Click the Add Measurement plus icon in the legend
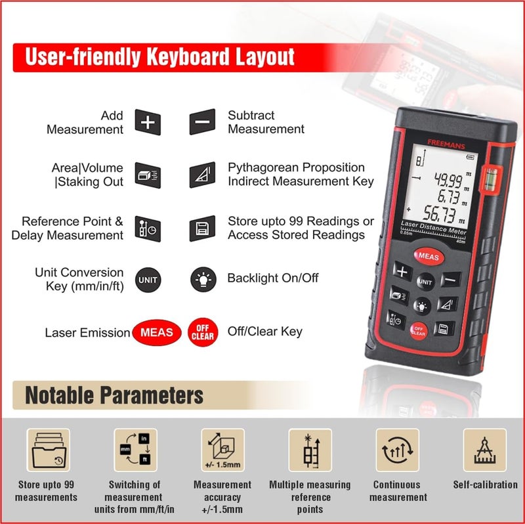(148, 122)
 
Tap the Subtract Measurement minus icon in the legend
(202, 122)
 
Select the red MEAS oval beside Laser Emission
(156, 332)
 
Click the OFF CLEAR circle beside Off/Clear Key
(202, 332)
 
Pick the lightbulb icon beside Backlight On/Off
(202, 279)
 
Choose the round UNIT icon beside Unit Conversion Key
(148, 279)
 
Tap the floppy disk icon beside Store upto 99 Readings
(202, 229)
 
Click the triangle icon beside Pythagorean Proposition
(202, 175)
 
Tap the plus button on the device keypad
(401, 272)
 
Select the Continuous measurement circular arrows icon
(398, 451)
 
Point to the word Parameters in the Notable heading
(152, 395)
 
